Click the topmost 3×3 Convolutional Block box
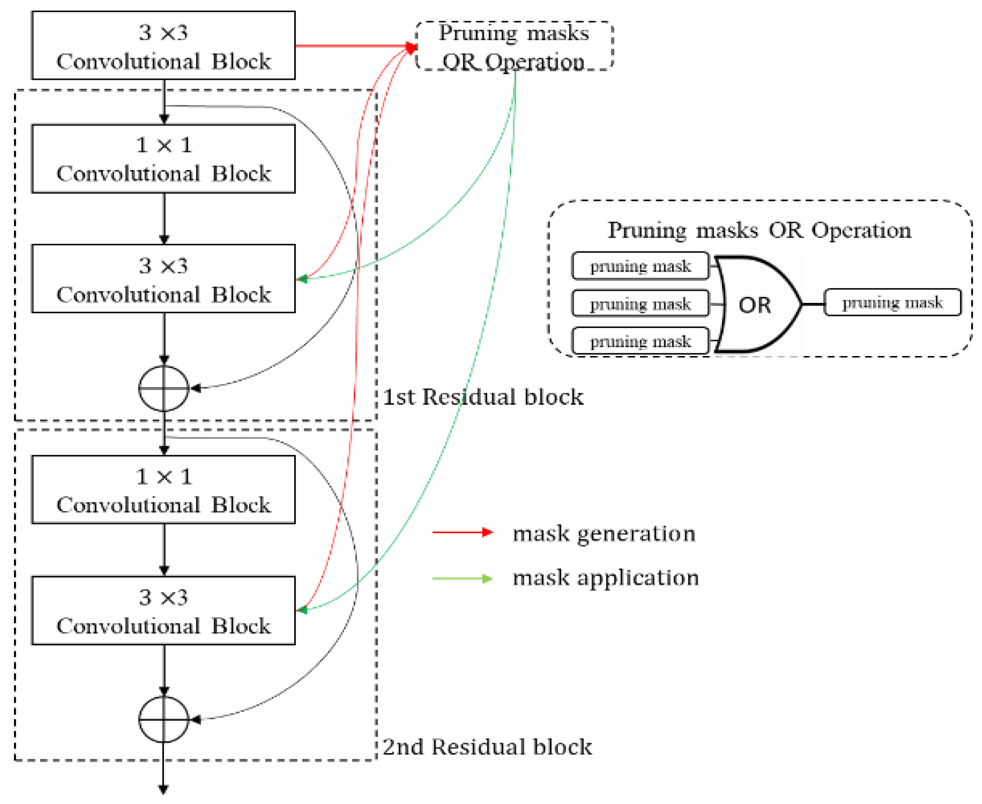click(163, 46)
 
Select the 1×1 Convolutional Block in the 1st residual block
click(163, 158)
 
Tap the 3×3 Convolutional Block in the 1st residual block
click(163, 279)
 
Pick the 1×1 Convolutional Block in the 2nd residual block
click(163, 489)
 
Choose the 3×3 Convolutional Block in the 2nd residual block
click(163, 610)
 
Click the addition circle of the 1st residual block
click(164, 388)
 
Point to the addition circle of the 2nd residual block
click(164, 719)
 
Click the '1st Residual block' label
click(483, 397)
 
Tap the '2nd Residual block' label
click(487, 747)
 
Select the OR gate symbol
click(755, 304)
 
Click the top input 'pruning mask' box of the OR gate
click(640, 266)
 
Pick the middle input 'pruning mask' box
click(640, 304)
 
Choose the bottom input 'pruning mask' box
click(640, 341)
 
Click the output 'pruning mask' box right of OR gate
click(892, 302)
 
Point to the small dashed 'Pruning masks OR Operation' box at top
click(514, 46)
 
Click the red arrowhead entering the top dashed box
click(411, 46)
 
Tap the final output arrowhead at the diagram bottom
click(163, 789)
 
